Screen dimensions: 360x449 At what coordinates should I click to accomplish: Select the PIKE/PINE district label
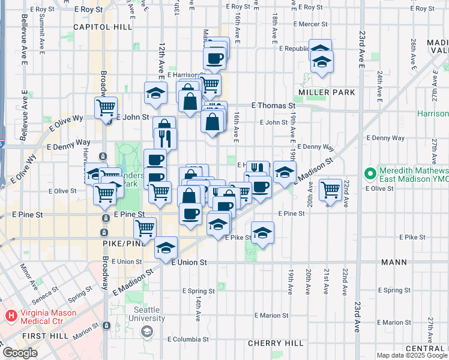119,243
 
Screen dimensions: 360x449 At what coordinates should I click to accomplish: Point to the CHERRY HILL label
276,343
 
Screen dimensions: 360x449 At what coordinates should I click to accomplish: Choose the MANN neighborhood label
394,263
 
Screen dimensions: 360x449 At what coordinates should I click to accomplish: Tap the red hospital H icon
10,315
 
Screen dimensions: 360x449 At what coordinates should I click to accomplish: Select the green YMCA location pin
370,175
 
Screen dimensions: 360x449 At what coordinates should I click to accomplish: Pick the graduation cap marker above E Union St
166,247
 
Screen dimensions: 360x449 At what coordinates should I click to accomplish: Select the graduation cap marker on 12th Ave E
155,93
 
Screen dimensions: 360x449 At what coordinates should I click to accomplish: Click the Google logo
19,353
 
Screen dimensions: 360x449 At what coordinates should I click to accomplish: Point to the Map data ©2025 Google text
411,355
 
